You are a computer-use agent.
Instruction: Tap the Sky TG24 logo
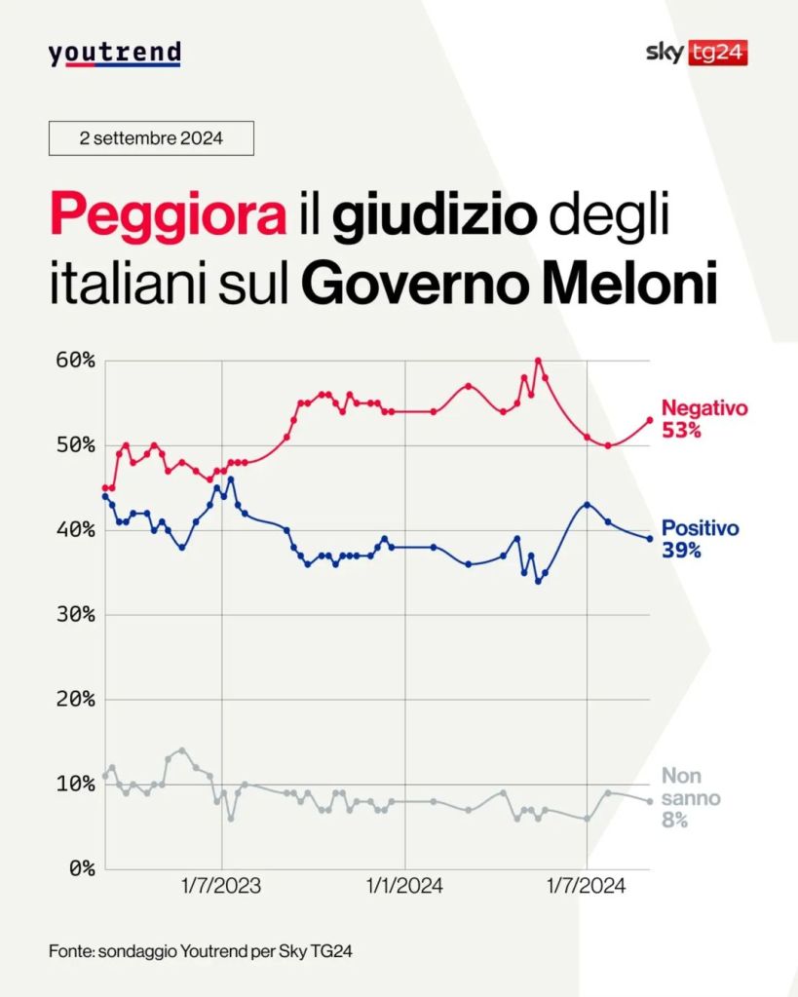tap(696, 53)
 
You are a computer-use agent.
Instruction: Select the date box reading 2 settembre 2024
tap(151, 138)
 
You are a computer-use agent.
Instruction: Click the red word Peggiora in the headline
tap(168, 214)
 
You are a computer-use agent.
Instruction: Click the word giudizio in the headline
tap(435, 216)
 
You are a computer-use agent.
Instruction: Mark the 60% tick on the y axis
tap(74, 361)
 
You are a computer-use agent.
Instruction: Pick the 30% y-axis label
tap(74, 615)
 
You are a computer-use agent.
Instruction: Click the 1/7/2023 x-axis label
tap(221, 887)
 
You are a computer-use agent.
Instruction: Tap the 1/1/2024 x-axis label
tap(403, 887)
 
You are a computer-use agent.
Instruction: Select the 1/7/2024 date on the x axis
tap(586, 887)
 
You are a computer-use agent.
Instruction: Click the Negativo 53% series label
tap(703, 418)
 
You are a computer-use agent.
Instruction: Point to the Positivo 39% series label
tap(700, 538)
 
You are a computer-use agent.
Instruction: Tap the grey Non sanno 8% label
tap(691, 798)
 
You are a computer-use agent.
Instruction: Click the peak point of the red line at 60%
tap(538, 361)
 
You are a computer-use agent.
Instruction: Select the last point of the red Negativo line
tap(650, 420)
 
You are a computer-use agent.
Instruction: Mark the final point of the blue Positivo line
tap(650, 539)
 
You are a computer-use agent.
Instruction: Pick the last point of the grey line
tap(650, 801)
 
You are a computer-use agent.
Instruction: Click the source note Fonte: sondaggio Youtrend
tap(200, 950)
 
